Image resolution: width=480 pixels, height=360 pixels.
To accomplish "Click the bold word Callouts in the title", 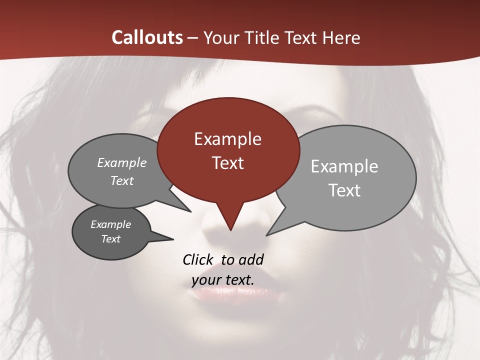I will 147,37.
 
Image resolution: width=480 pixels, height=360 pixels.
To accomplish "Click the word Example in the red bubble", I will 227,139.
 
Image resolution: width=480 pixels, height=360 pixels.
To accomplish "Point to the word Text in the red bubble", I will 227,163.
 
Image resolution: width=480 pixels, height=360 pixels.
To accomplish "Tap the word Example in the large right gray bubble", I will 344,166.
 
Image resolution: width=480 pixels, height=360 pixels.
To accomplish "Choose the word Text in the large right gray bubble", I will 344,190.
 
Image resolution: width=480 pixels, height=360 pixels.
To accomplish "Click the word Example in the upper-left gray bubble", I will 121,162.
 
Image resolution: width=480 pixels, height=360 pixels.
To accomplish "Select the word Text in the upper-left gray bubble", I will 121,180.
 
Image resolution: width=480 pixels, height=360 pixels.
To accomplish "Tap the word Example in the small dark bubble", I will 110,224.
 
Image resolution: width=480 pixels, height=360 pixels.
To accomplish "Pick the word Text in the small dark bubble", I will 110,239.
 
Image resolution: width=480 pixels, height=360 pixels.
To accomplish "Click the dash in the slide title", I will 193,38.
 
